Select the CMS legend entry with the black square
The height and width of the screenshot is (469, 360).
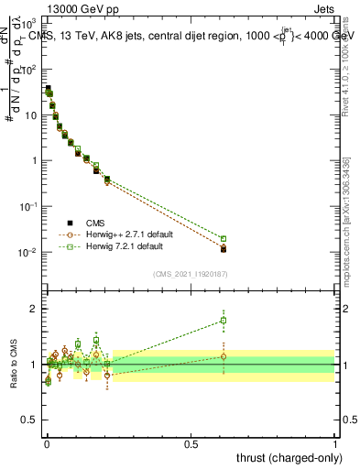tap(94, 223)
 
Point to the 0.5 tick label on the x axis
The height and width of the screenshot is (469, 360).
tap(191, 444)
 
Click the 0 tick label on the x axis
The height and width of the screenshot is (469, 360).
tap(47, 444)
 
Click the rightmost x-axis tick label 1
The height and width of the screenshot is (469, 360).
tap(335, 444)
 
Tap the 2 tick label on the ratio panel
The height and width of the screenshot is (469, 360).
tap(34, 308)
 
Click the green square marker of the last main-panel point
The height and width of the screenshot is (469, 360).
tap(224, 239)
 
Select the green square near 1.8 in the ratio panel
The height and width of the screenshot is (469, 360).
tap(224, 321)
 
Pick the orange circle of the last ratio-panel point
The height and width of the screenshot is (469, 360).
tap(224, 356)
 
